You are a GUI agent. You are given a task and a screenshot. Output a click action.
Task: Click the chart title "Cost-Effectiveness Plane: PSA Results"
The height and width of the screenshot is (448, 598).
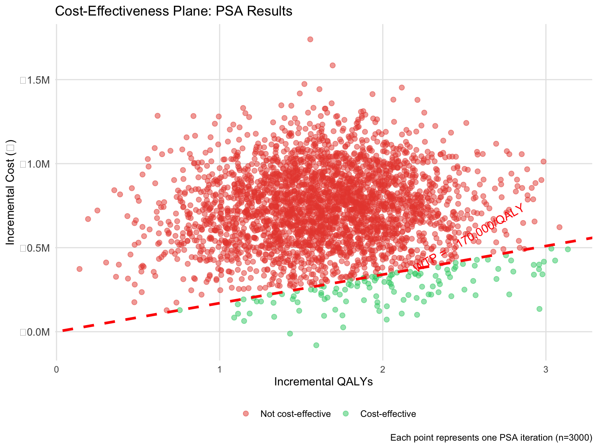pyautogui.click(x=174, y=11)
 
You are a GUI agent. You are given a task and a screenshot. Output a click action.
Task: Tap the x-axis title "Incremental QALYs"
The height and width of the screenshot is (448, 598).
pyautogui.click(x=323, y=382)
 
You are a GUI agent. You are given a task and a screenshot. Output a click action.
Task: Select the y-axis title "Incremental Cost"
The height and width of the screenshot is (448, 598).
pyautogui.click(x=11, y=192)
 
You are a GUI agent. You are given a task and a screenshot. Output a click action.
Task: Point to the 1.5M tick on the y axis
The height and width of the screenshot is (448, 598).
pyautogui.click(x=35, y=80)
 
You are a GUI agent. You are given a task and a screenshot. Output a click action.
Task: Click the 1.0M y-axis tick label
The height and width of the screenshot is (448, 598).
pyautogui.click(x=35, y=164)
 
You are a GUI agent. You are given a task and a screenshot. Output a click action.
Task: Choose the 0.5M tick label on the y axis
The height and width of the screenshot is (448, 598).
pyautogui.click(x=35, y=248)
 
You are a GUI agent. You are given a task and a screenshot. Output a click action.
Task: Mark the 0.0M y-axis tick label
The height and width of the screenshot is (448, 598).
pyautogui.click(x=35, y=332)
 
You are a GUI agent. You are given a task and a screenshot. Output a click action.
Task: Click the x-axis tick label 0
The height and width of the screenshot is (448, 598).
pyautogui.click(x=57, y=369)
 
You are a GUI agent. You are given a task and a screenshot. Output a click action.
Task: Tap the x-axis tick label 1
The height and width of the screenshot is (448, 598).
pyautogui.click(x=220, y=369)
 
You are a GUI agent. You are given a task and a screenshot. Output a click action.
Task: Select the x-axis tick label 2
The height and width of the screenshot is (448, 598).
pyautogui.click(x=383, y=369)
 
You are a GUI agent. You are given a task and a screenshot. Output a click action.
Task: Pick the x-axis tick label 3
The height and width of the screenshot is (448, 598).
pyautogui.click(x=545, y=369)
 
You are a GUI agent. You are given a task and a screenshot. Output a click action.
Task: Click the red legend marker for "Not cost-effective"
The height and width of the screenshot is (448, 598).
pyautogui.click(x=246, y=413)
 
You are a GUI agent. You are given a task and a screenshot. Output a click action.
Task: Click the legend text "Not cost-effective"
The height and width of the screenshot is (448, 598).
pyautogui.click(x=295, y=414)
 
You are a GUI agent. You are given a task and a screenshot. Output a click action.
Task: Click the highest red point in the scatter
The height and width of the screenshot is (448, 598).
pyautogui.click(x=310, y=39)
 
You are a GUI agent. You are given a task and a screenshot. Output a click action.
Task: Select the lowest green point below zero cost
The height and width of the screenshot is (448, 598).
pyautogui.click(x=316, y=345)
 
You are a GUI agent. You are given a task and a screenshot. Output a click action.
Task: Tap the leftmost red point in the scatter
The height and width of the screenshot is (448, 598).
pyautogui.click(x=79, y=269)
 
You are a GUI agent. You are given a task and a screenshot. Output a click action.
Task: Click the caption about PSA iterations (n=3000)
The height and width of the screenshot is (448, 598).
pyautogui.click(x=491, y=437)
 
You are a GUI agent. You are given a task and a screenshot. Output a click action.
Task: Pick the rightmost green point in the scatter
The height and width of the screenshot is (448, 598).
pyautogui.click(x=568, y=249)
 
